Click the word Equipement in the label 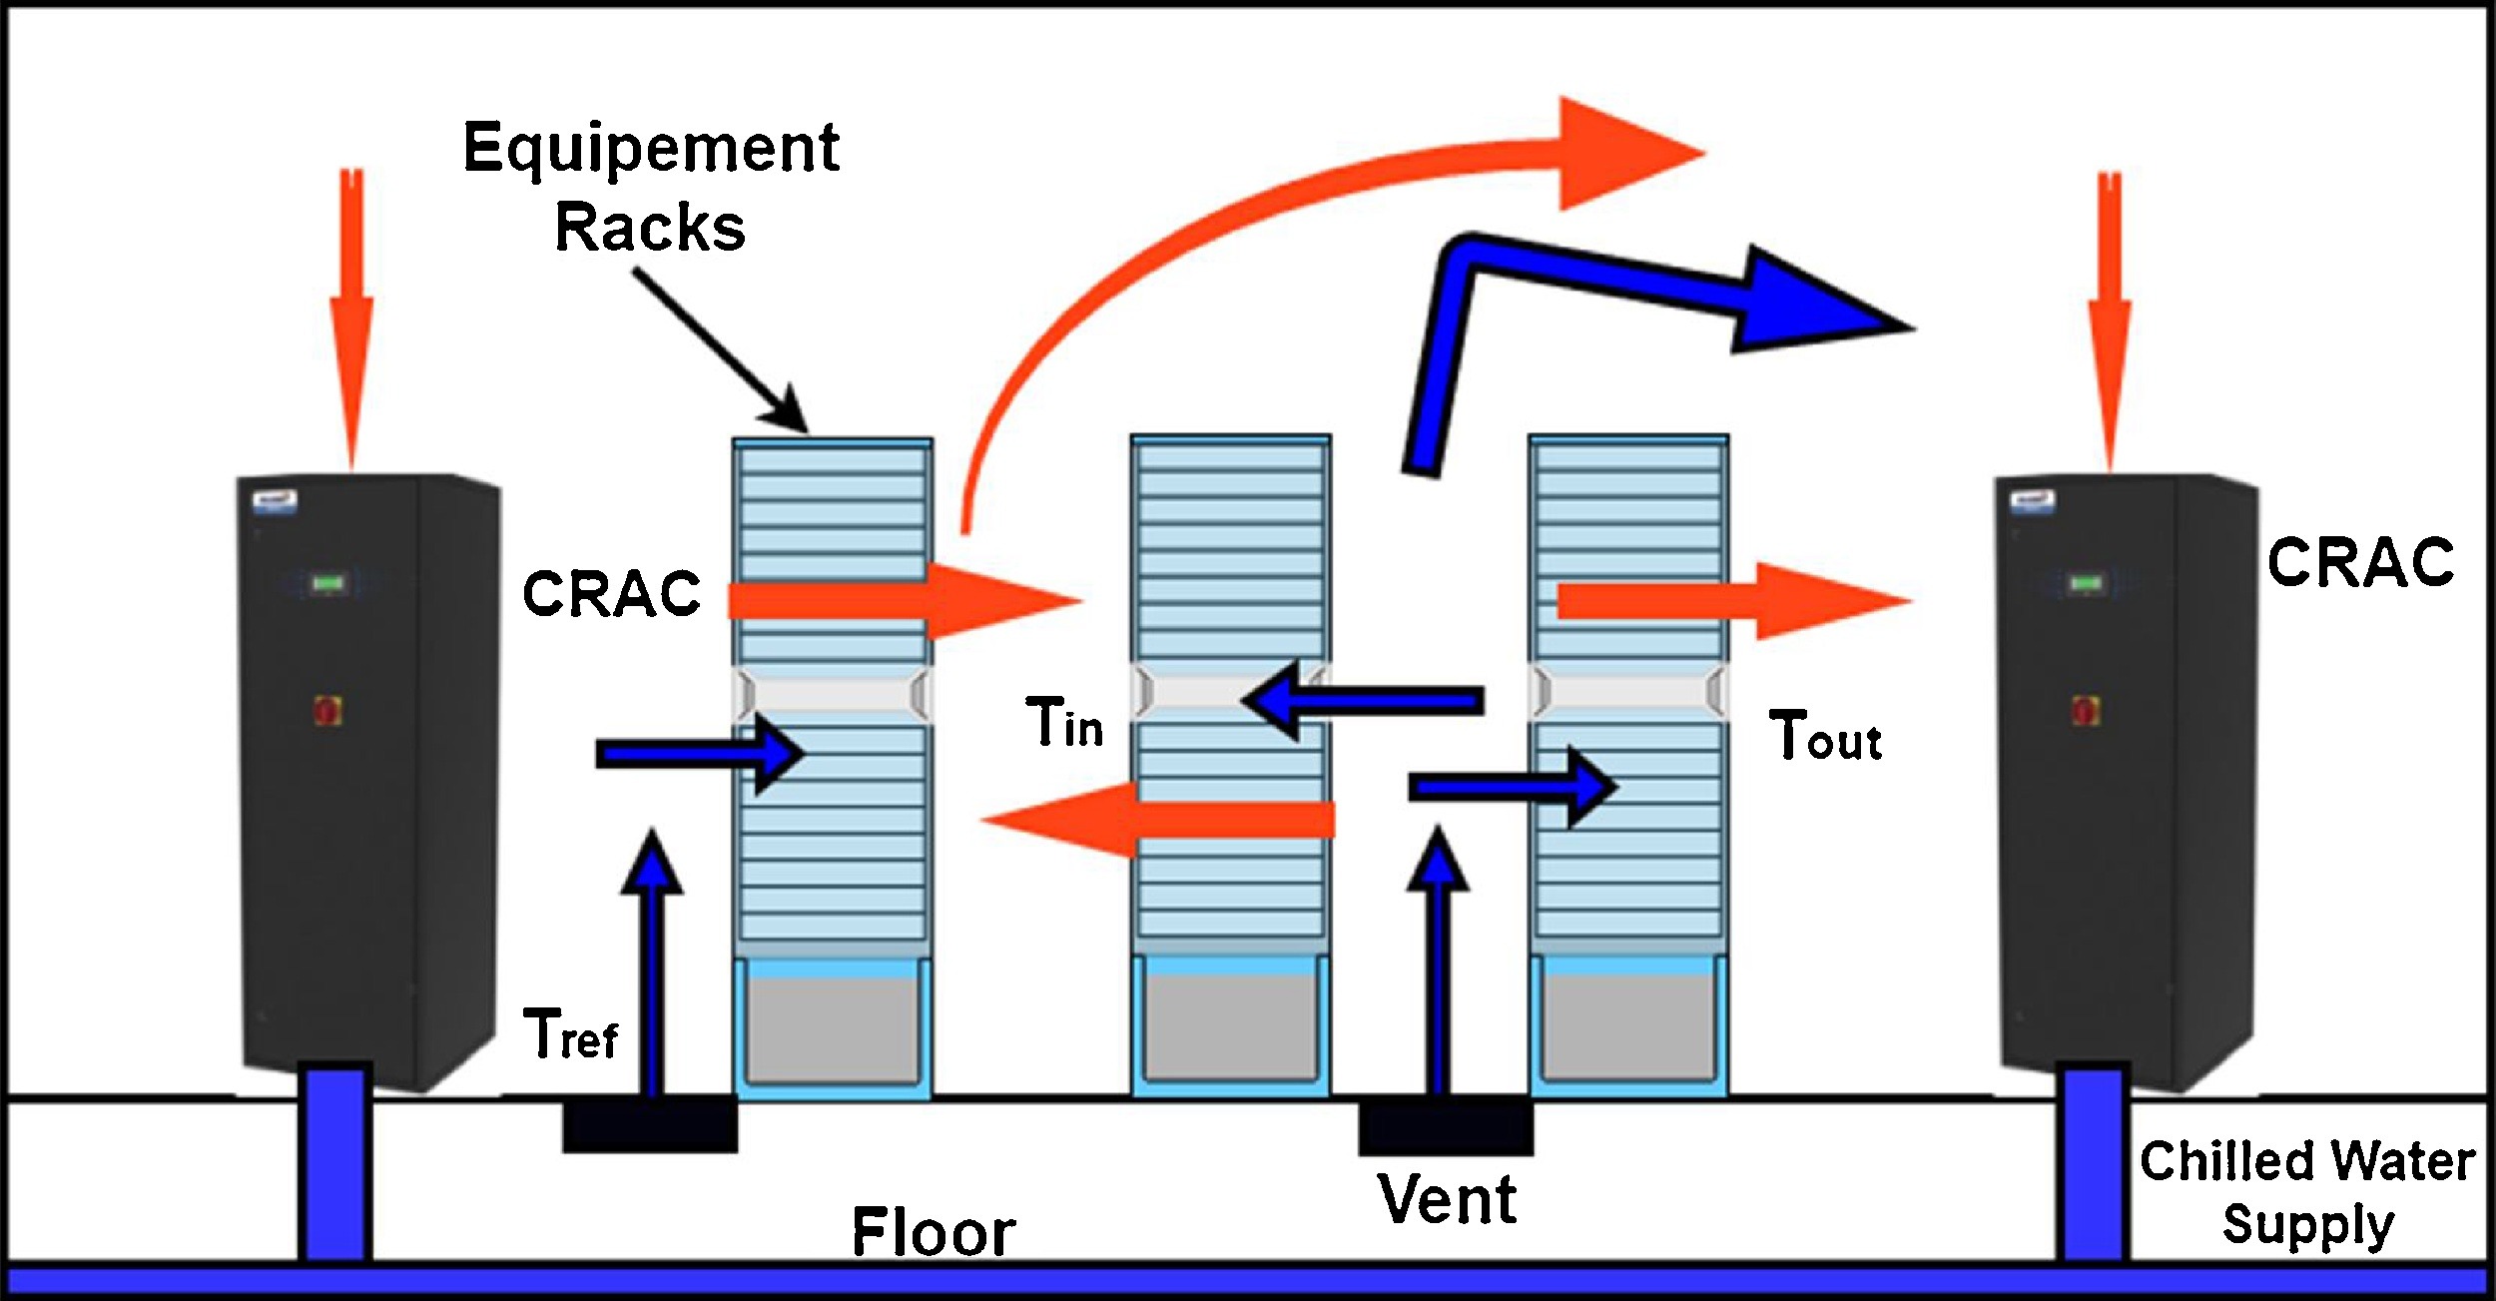click(651, 150)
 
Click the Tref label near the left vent click(571, 1035)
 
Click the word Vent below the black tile click(1448, 1199)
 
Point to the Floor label click(934, 1232)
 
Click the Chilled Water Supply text click(2307, 1193)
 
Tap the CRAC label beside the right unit click(2360, 562)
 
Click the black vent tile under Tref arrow click(650, 1125)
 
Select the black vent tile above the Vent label click(1445, 1127)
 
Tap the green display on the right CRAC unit click(2085, 582)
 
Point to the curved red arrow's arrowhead click(1622, 153)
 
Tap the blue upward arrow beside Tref click(652, 959)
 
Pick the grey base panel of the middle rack click(1230, 1028)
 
